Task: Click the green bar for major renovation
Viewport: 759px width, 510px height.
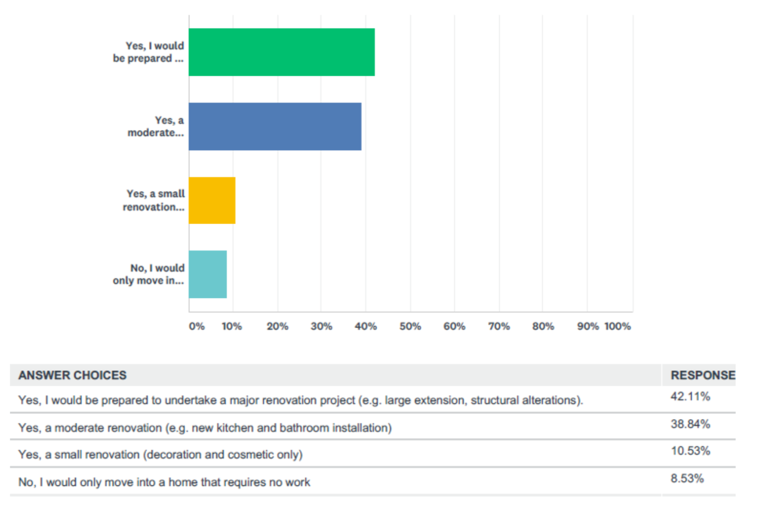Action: pyautogui.click(x=281, y=52)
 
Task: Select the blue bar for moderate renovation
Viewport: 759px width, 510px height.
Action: pyautogui.click(x=275, y=127)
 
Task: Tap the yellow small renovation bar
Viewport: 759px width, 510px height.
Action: pyautogui.click(x=212, y=200)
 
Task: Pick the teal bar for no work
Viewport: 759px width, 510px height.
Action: pyautogui.click(x=207, y=274)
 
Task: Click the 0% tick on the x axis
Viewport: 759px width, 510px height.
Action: pyautogui.click(x=196, y=326)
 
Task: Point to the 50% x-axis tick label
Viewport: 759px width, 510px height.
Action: pyautogui.click(x=410, y=326)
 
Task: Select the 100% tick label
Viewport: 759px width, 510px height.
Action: pyautogui.click(x=617, y=326)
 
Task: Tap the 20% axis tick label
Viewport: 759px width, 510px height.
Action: pyautogui.click(x=277, y=326)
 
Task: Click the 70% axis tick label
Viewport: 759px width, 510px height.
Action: pyautogui.click(x=499, y=326)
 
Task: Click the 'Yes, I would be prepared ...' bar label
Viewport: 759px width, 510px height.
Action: pyautogui.click(x=149, y=52)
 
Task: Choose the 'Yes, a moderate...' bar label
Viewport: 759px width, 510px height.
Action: pyautogui.click(x=156, y=127)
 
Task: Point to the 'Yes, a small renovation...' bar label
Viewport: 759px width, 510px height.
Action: pyautogui.click(x=154, y=200)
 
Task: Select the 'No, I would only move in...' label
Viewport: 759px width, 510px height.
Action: pyautogui.click(x=149, y=274)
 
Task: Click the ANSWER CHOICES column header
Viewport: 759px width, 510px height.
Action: pyautogui.click(x=73, y=375)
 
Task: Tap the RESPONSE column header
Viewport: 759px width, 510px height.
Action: pyautogui.click(x=702, y=375)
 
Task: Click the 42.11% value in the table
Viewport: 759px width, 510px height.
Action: pyautogui.click(x=690, y=397)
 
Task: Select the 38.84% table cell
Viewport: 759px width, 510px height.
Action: pyautogui.click(x=690, y=425)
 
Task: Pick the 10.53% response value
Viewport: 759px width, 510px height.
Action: pyautogui.click(x=690, y=451)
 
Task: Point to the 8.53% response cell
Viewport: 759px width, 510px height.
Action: pyautogui.click(x=687, y=479)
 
